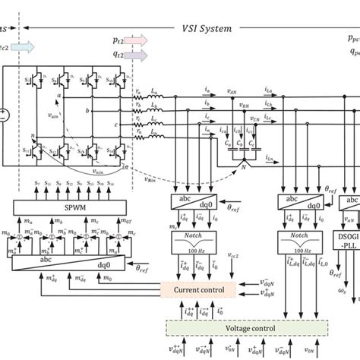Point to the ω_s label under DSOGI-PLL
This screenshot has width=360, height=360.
point(338,290)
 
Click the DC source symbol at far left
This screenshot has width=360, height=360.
point(4,115)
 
